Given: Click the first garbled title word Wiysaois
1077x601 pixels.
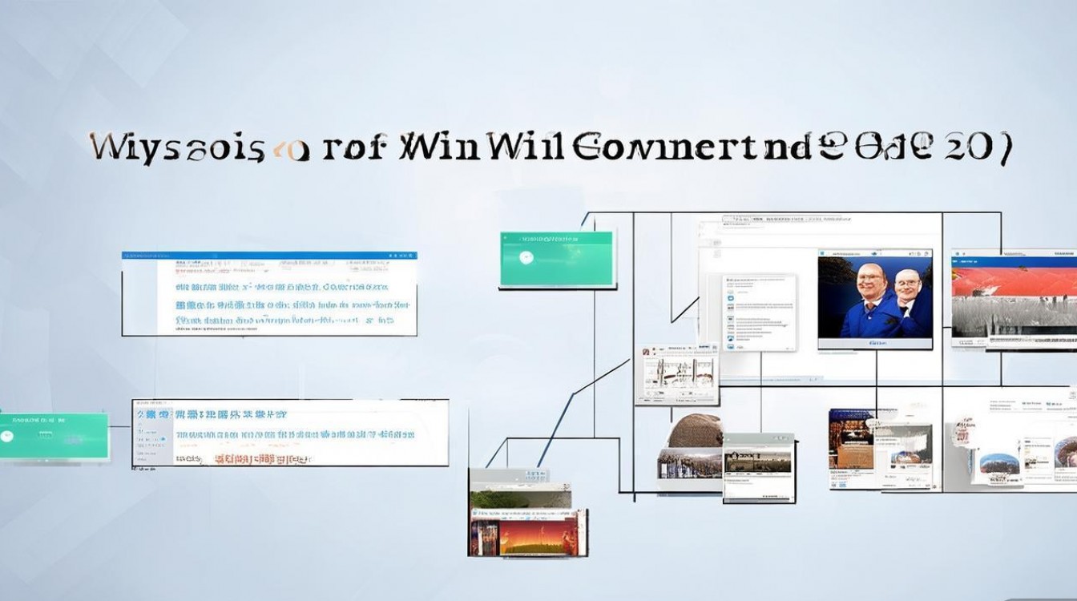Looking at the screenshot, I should (x=176, y=149).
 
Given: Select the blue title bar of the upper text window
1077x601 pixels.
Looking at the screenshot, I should (x=269, y=256).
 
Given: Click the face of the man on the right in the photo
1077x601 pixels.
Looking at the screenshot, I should (x=906, y=286).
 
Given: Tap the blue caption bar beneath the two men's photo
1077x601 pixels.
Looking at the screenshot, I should (x=875, y=342).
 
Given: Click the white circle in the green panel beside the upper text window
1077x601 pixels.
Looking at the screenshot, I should (x=526, y=258).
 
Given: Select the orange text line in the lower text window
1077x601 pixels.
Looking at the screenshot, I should (x=253, y=459).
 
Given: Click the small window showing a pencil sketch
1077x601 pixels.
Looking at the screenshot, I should (x=676, y=373).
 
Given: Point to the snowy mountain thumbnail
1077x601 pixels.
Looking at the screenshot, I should (x=997, y=462).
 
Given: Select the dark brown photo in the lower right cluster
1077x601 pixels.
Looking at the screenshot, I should (x=850, y=441).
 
